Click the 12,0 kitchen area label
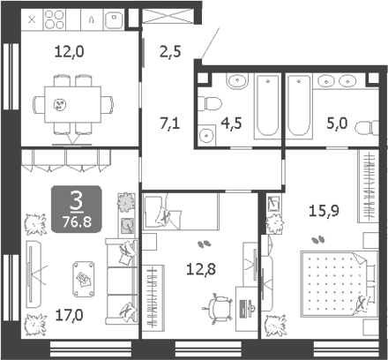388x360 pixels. pyautogui.click(x=69, y=52)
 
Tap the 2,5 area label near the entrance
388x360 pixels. pyautogui.click(x=170, y=52)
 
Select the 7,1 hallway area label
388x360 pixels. pyautogui.click(x=170, y=123)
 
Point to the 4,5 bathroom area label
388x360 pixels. pyautogui.click(x=231, y=123)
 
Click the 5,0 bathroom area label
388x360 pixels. pyautogui.click(x=337, y=123)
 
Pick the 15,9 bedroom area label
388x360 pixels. pyautogui.click(x=324, y=211)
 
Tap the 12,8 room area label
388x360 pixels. pyautogui.click(x=201, y=269)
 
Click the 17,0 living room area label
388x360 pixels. pyautogui.click(x=69, y=315)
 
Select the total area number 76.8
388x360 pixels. pyautogui.click(x=77, y=222)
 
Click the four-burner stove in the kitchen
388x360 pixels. pyautogui.click(x=55, y=19)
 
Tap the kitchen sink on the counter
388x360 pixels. pyautogui.click(x=114, y=19)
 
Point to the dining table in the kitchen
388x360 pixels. pyautogui.click(x=72, y=104)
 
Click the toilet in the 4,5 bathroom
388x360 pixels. pyautogui.click(x=210, y=103)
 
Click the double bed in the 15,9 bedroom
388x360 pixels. pyautogui.click(x=339, y=284)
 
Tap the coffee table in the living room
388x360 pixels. pyautogui.click(x=84, y=279)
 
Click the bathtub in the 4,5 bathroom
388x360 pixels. pyautogui.click(x=267, y=106)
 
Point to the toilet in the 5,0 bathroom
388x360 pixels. pyautogui.click(x=367, y=128)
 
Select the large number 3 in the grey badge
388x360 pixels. pyautogui.click(x=77, y=200)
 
